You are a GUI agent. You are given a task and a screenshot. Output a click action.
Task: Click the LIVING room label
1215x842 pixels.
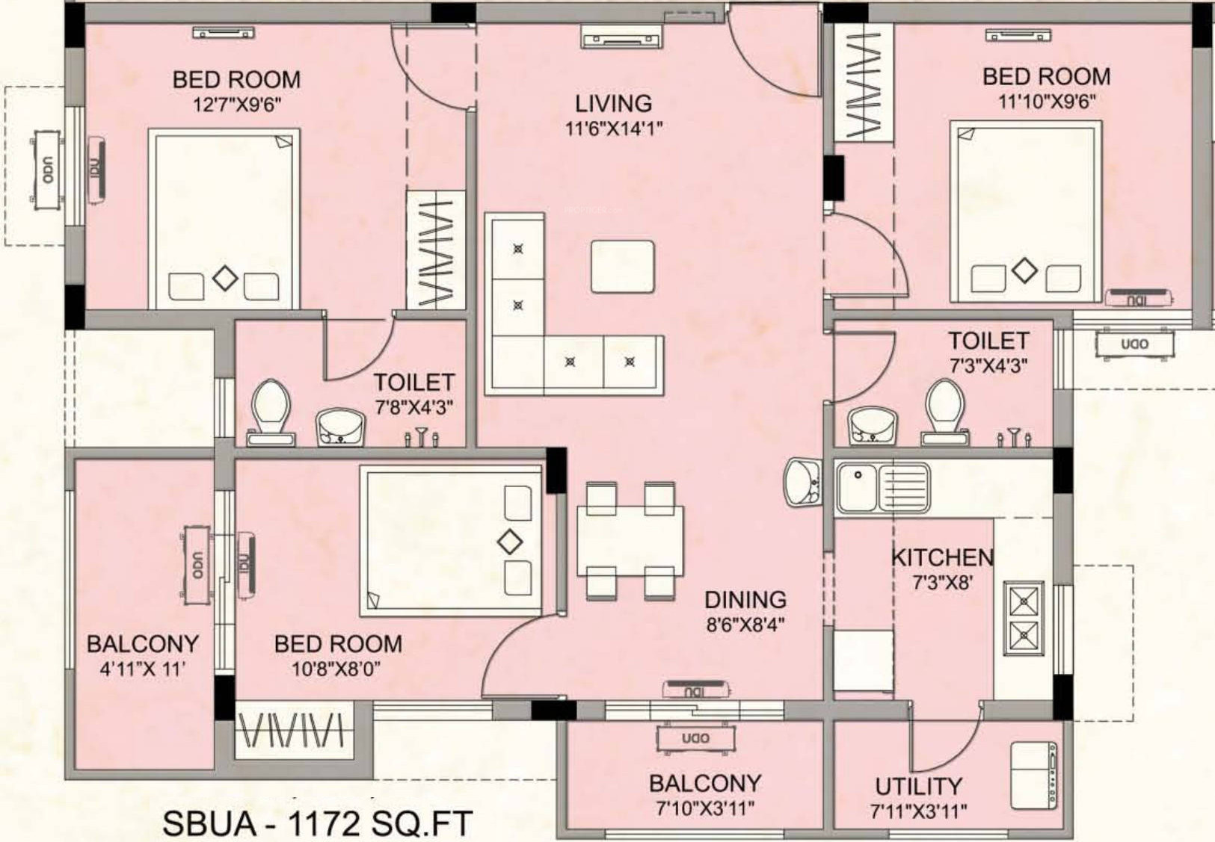coord(613,104)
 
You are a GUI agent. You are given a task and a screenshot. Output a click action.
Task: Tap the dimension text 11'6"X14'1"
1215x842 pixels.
coord(613,129)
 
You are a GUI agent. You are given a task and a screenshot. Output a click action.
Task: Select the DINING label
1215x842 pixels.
coord(745,600)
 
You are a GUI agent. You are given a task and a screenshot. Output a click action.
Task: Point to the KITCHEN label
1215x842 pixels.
coord(943,557)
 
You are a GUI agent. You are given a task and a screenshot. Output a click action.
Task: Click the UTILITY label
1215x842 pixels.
coord(918,786)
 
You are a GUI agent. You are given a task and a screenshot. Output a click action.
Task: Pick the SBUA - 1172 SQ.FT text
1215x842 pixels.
coord(318,823)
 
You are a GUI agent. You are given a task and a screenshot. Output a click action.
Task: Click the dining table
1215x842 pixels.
coord(630,540)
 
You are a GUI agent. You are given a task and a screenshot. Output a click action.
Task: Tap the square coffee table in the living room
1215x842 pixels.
coord(623,267)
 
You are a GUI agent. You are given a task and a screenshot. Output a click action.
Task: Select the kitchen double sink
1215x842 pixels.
coord(882,488)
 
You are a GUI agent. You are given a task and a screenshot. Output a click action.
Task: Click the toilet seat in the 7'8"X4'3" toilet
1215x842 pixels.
coord(271,411)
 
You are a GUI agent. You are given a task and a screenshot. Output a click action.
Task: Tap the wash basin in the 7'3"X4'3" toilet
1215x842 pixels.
coord(872,425)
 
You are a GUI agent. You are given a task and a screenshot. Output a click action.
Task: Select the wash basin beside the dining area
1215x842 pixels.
coord(802,483)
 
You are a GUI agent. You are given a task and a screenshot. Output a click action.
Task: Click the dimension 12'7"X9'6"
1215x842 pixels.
coord(237,105)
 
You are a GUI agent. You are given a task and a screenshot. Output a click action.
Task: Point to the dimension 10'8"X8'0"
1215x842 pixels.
coord(336,669)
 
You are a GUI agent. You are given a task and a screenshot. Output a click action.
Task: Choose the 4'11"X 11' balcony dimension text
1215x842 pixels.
coord(143,669)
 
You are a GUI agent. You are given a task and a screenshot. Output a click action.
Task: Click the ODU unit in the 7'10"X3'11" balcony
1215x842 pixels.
coord(696,738)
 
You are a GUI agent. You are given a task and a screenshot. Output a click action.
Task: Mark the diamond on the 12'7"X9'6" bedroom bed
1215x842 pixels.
coord(225,279)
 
